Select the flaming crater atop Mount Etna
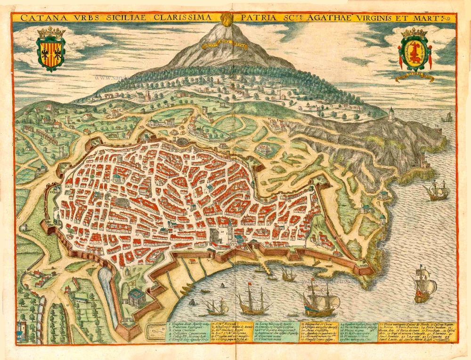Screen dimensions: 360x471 (226, 19)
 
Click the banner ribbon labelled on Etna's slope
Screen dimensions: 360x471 (225, 46)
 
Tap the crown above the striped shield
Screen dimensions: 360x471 (51, 32)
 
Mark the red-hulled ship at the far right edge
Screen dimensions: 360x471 (423, 286)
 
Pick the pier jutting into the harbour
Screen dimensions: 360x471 (266, 269)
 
